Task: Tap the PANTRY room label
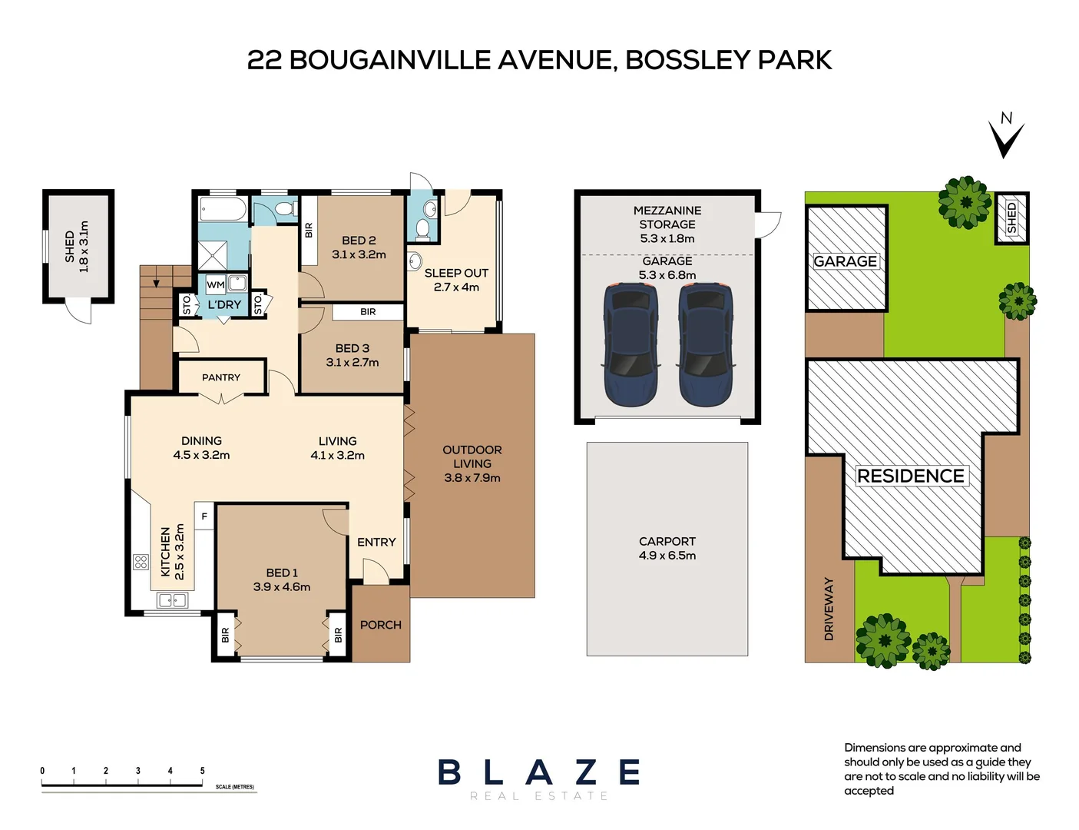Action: (221, 377)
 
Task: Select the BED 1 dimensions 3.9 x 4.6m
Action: (282, 587)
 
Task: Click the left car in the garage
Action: (631, 344)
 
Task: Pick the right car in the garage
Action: (704, 344)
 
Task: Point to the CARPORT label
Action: (667, 541)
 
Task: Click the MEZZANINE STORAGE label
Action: (667, 217)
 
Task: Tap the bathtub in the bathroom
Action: (223, 209)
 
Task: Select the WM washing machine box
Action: (216, 284)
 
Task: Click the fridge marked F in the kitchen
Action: (204, 516)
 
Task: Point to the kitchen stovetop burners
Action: (141, 562)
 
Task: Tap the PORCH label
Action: (380, 625)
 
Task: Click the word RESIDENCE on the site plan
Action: (910, 476)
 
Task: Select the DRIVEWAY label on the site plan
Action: (829, 609)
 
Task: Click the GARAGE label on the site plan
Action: (845, 261)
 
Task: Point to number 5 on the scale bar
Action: (203, 770)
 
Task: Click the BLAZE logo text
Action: (539, 772)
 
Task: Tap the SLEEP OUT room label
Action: (456, 273)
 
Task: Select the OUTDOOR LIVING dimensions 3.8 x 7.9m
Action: (472, 478)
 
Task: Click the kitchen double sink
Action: (172, 600)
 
